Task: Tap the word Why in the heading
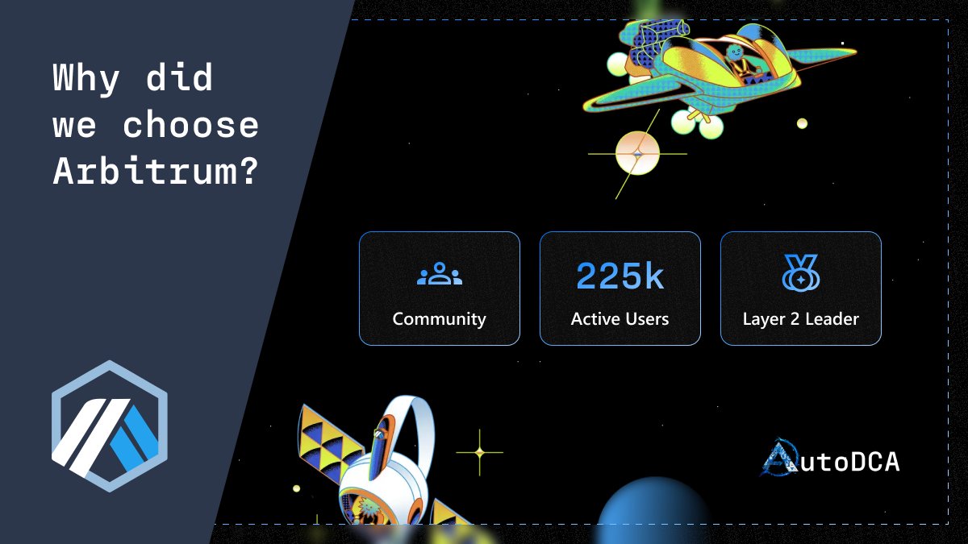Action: [86, 79]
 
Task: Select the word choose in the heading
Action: [191, 125]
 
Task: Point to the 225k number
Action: [620, 276]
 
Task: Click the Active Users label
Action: [620, 319]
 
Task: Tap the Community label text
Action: [439, 319]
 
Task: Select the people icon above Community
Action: [439, 275]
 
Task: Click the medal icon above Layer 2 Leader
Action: [800, 273]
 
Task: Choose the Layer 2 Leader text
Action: [800, 319]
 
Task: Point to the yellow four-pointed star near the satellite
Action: [479, 452]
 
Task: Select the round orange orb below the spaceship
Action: [637, 153]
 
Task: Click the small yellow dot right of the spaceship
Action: [802, 123]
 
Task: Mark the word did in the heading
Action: [179, 79]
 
